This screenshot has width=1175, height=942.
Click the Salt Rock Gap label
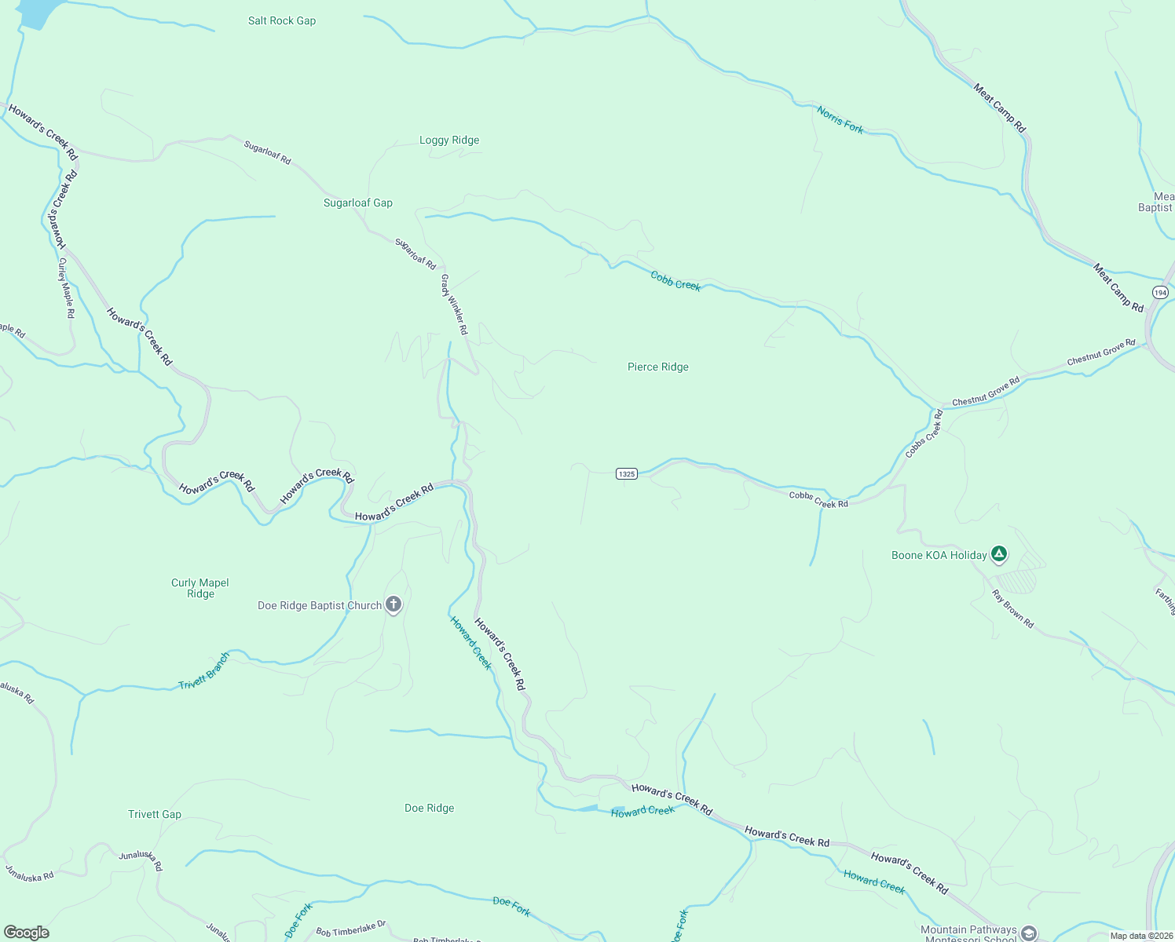[282, 21]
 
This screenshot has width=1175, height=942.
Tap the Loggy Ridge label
[449, 141]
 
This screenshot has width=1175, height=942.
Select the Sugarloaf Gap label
[358, 203]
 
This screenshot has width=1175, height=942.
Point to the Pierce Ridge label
[658, 367]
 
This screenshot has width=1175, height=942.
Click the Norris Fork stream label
[840, 120]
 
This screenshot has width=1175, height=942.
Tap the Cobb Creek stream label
[675, 280]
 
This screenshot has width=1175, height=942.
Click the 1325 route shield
[626, 473]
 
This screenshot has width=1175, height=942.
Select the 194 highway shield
[1161, 293]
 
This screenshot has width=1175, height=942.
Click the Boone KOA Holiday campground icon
[998, 554]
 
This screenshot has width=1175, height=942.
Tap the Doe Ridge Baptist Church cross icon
[393, 604]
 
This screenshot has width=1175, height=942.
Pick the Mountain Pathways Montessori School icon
[1028, 933]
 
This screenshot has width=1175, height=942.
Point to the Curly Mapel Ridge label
[200, 588]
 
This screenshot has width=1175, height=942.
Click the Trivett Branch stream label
[204, 671]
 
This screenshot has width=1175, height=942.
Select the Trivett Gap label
[155, 815]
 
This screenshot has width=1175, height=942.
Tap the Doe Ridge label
[430, 809]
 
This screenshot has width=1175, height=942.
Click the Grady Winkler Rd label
[454, 305]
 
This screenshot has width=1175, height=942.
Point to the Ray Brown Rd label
[1013, 609]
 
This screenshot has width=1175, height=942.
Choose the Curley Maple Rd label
[66, 288]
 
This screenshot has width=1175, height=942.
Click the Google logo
[26, 933]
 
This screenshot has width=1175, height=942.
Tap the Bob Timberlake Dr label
[351, 929]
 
